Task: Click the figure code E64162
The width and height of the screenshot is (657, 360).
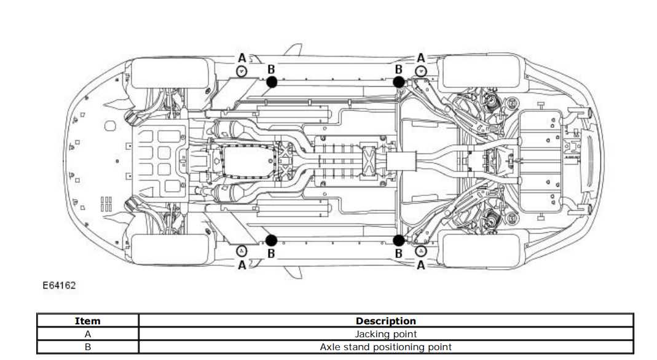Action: (x=59, y=285)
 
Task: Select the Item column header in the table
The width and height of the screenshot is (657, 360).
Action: (x=87, y=321)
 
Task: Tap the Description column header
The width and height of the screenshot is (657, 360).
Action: (x=385, y=321)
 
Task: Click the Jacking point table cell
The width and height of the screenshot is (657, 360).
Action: (x=385, y=334)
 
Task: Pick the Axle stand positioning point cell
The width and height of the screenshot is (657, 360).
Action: (x=385, y=347)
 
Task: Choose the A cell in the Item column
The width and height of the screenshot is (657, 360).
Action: (x=87, y=334)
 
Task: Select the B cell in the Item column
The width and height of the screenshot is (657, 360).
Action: (x=87, y=347)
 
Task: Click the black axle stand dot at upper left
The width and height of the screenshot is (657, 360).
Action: (x=272, y=81)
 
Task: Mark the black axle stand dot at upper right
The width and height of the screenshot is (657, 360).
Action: (x=398, y=81)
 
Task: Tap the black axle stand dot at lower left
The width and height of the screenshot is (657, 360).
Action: (x=272, y=240)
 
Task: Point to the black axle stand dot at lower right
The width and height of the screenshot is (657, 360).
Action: (x=398, y=240)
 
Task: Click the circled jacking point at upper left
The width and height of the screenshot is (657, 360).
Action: (x=242, y=71)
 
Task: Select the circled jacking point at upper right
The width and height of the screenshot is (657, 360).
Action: (x=420, y=71)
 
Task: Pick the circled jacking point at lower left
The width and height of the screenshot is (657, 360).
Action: (x=242, y=251)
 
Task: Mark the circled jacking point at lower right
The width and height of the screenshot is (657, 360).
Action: (x=420, y=251)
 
